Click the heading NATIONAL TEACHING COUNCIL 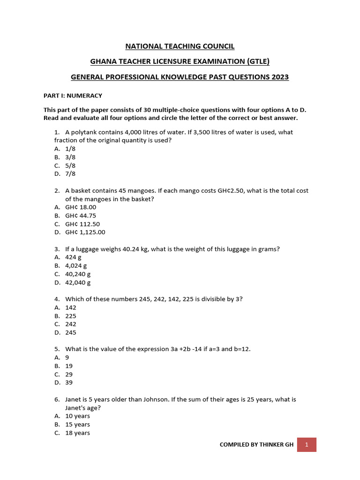pos(180,46)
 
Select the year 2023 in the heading pos(279,76)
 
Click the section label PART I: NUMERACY pos(73,96)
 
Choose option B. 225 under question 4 pos(65,316)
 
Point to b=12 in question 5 pos(239,349)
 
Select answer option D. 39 pos(64,382)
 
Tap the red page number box pos(307,444)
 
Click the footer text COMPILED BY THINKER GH pos(256,444)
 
